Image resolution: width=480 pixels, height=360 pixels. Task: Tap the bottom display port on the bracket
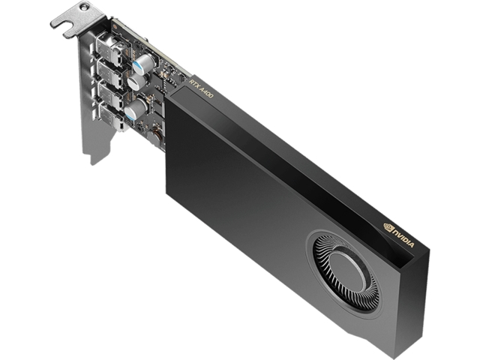coord(110,118)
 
